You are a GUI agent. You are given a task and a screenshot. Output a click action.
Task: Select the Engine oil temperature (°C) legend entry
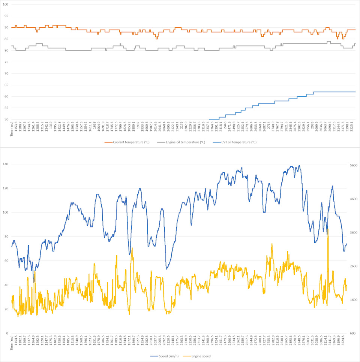[181, 142]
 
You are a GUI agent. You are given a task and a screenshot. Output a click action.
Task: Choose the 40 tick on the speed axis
[5, 285]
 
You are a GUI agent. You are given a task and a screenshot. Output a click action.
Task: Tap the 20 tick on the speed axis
[5, 309]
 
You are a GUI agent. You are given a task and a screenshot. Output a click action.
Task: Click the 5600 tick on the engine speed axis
[354, 166]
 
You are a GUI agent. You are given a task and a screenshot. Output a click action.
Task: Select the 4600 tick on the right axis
[354, 199]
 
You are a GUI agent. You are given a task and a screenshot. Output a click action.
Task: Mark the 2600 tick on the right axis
[354, 266]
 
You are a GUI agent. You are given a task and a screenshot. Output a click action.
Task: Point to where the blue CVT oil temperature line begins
[209, 119]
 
